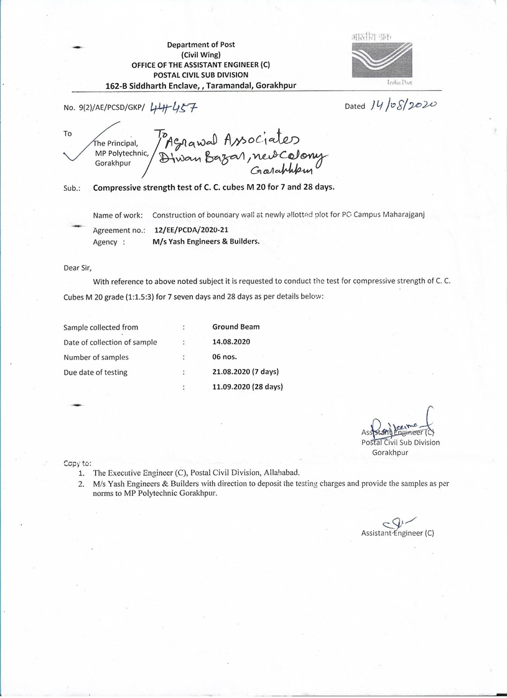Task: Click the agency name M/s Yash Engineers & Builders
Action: (x=206, y=241)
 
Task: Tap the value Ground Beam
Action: (x=236, y=326)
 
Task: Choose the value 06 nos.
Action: (x=225, y=357)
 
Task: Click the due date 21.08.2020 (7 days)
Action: (x=245, y=372)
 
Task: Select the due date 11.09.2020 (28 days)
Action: (x=247, y=387)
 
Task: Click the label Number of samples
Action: (x=96, y=357)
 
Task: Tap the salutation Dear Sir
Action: (x=78, y=269)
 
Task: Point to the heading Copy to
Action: (x=78, y=463)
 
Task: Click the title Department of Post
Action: (x=200, y=45)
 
